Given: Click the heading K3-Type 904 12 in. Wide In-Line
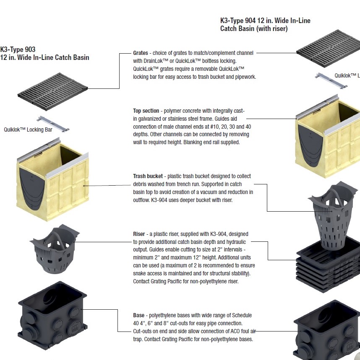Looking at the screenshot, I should tap(265, 21).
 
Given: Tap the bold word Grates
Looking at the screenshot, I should tap(141, 53).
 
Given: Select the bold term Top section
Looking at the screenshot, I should tap(146, 111).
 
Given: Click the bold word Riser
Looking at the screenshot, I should tap(139, 234).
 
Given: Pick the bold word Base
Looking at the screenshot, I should tap(139, 315).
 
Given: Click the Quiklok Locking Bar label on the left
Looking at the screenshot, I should tap(28, 130).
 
